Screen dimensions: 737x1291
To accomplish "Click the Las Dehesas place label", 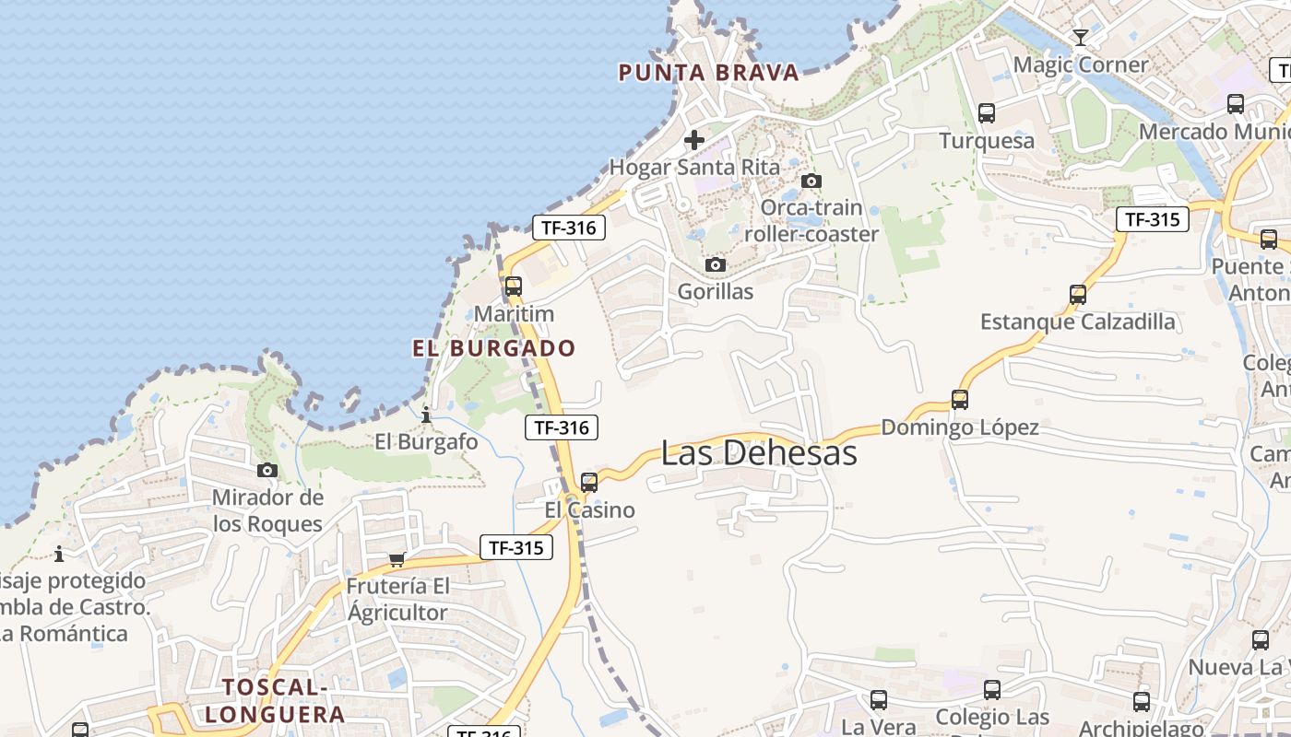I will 759,453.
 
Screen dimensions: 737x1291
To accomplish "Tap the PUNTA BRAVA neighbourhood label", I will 708,73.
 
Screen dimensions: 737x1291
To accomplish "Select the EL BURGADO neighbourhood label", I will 493,348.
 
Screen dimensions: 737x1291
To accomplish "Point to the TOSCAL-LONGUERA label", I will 275,701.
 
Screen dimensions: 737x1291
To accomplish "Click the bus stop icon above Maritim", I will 514,287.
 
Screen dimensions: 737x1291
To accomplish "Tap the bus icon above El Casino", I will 589,482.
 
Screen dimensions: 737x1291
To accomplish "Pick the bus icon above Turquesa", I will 987,113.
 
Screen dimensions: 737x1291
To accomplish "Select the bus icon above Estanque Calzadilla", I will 1078,295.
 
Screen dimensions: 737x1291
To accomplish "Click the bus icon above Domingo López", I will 960,400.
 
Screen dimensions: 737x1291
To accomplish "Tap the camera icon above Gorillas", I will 715,265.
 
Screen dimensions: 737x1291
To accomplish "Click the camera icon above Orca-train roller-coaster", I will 811,181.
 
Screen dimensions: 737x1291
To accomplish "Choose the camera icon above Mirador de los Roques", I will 267,471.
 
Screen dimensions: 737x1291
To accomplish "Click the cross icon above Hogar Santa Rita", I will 694,140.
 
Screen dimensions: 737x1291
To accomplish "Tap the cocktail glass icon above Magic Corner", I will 1081,38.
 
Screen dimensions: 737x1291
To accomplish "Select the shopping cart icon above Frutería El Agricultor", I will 397,559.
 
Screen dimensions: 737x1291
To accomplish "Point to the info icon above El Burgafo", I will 426,415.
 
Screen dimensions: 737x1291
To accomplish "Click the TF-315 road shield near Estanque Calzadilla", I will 1152,219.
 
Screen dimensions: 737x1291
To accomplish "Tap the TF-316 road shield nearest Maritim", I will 568,228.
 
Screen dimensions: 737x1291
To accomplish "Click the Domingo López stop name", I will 960,427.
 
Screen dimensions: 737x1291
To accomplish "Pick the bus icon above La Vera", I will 879,700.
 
